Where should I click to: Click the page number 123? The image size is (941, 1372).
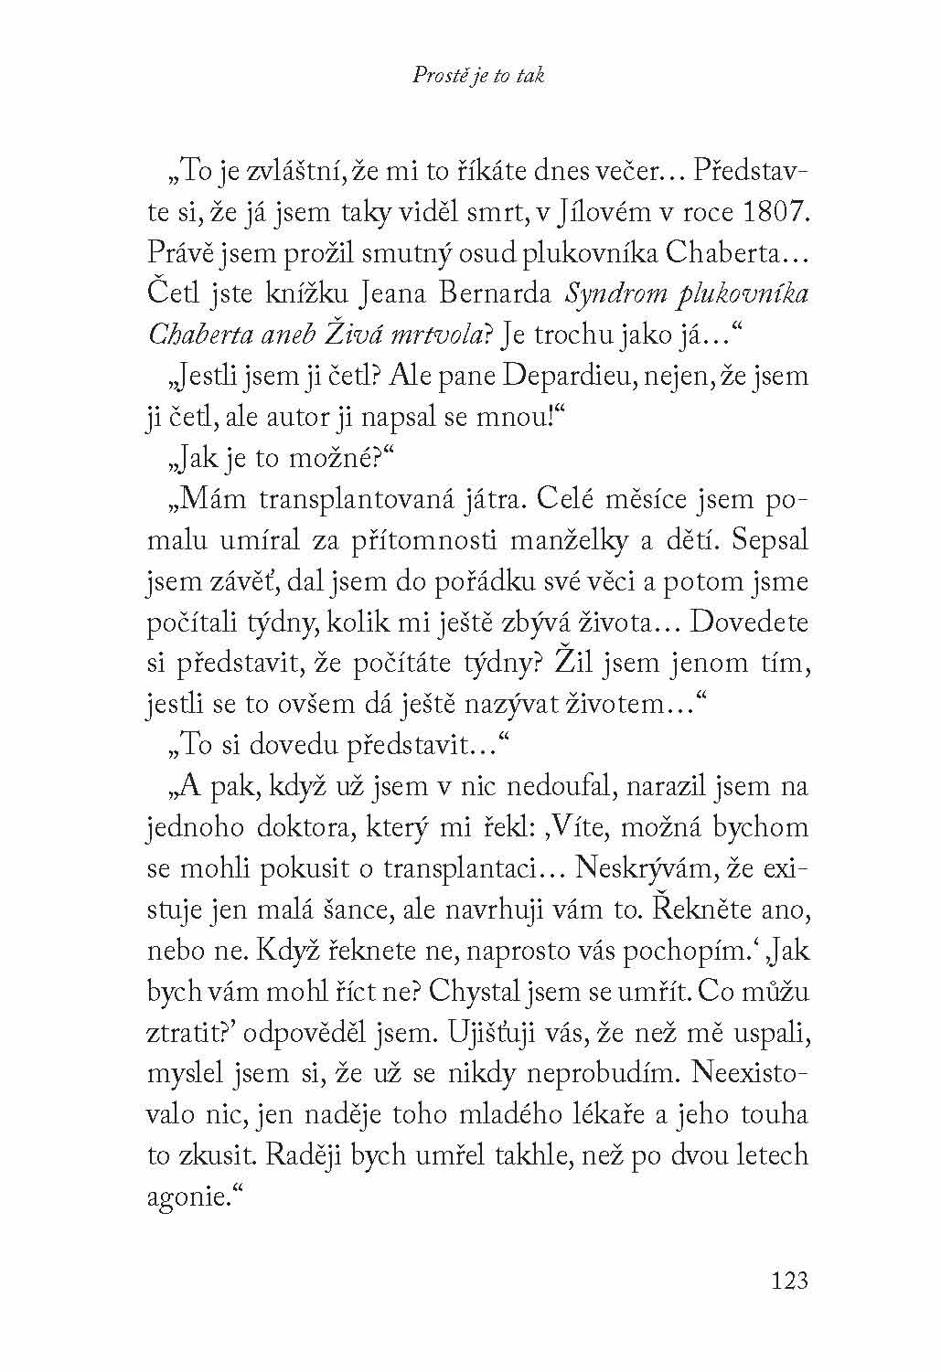pyautogui.click(x=789, y=1280)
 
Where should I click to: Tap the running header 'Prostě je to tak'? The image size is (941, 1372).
pyautogui.click(x=477, y=76)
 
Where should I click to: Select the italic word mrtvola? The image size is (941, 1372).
pyautogui.click(x=444, y=336)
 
